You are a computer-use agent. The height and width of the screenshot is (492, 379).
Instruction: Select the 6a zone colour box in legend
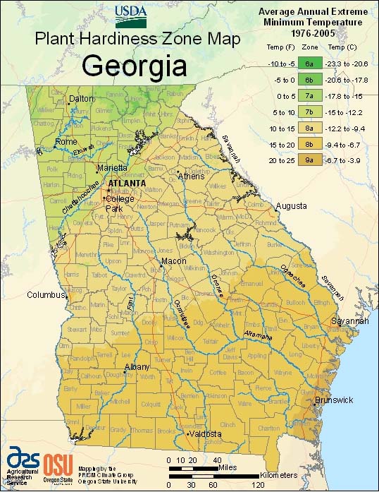309,63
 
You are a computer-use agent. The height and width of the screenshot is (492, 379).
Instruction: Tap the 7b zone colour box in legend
309,112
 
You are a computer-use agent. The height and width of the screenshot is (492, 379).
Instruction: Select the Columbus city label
46,294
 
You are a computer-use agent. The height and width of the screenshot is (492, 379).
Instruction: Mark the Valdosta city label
204,433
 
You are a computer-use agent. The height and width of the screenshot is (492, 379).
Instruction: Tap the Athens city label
191,176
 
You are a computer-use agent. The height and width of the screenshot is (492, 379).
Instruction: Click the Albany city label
137,367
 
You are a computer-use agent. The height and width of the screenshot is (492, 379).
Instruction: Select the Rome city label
66,142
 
